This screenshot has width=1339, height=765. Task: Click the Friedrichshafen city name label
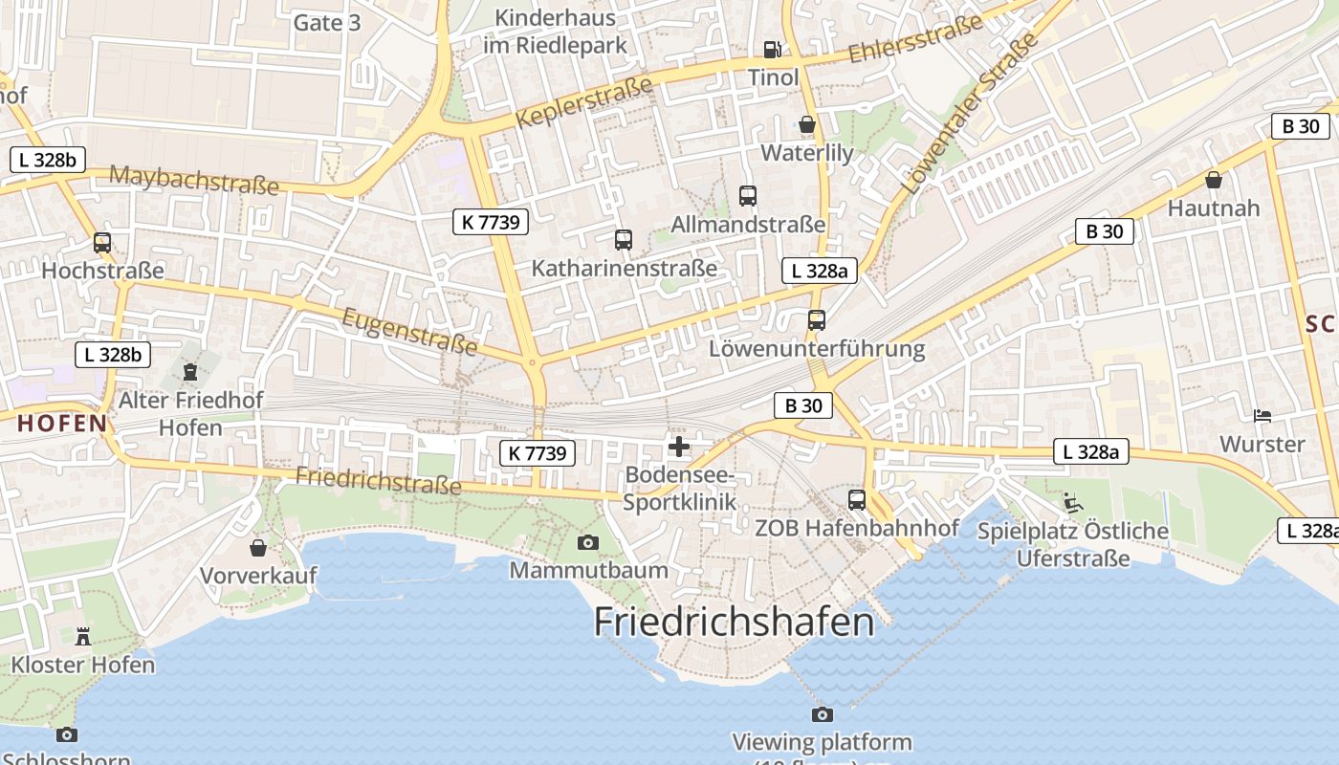point(734,623)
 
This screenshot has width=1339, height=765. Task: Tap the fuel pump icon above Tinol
point(772,49)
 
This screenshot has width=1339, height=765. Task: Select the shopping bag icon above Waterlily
point(807,124)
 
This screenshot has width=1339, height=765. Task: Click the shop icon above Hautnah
point(1214,179)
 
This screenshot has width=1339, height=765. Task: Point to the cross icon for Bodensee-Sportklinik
point(679,447)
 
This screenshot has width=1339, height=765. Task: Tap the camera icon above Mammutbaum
point(588,543)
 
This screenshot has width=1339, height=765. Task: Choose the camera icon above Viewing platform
point(822,714)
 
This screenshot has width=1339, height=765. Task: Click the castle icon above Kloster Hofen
point(82,636)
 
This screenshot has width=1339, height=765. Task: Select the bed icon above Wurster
point(1262,416)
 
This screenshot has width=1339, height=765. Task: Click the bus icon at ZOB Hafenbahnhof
point(857,499)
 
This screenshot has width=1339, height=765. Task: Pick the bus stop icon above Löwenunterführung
point(817,320)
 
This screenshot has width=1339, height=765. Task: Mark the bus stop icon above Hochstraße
point(102,243)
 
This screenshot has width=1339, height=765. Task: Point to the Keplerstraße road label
point(583,102)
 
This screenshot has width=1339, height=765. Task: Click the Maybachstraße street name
point(193,179)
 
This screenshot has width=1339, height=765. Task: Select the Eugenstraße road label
point(408,330)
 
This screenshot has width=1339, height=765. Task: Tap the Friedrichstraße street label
point(379,480)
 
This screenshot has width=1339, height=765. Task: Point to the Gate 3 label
point(327,23)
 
